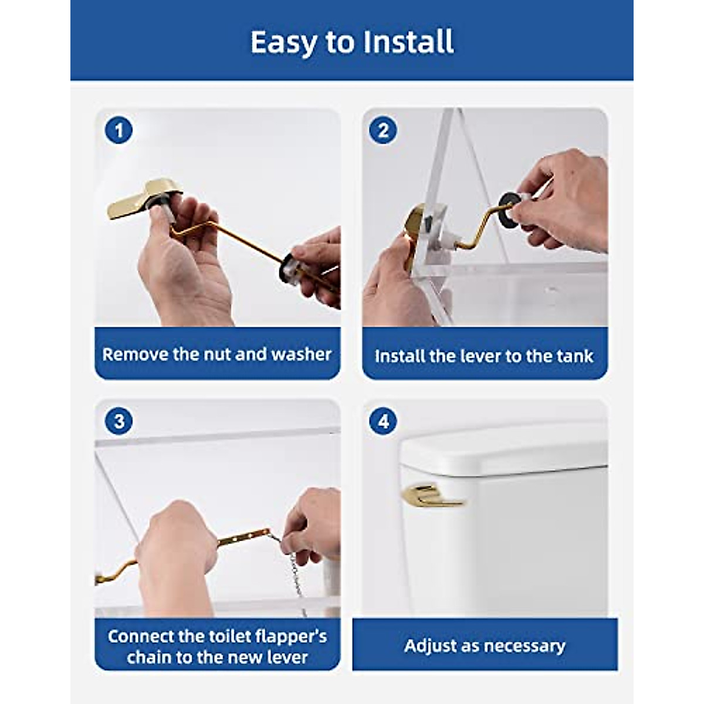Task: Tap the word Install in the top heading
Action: (408, 42)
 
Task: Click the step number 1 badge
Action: (119, 130)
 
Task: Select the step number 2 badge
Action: (383, 130)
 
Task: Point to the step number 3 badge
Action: (119, 421)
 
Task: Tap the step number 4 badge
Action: (383, 421)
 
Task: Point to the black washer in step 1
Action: (289, 268)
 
